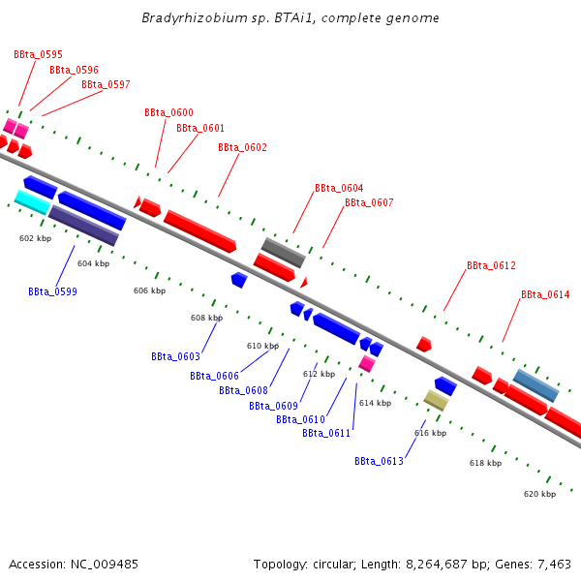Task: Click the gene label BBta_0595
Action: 38,55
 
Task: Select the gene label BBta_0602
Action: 242,148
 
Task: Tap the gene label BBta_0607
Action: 369,203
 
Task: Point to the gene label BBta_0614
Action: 545,295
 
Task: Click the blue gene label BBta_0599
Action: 52,291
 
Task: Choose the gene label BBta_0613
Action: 379,462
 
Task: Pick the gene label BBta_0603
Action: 175,357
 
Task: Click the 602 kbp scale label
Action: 35,238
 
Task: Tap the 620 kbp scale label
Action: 539,494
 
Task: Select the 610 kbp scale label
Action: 262,346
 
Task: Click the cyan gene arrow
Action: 32,201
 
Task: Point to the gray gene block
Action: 284,252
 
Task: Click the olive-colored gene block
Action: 436,400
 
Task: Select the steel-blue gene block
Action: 535,385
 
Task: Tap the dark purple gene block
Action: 83,225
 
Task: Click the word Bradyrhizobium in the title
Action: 186,18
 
